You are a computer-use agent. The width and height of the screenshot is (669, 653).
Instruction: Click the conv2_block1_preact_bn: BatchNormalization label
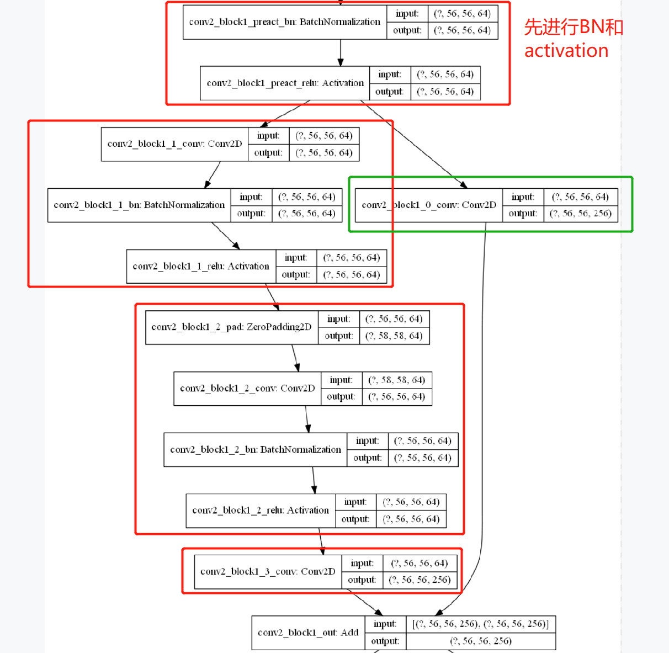pyautogui.click(x=284, y=22)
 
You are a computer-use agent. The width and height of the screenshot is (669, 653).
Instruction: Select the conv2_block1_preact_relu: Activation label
pyautogui.click(x=285, y=83)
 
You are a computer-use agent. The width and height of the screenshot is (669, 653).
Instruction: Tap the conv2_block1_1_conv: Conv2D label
pyautogui.click(x=174, y=144)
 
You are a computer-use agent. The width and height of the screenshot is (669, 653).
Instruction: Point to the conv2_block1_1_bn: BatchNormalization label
pyautogui.click(x=139, y=205)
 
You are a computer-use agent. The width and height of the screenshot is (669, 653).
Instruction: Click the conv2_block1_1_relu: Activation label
pyautogui.click(x=201, y=267)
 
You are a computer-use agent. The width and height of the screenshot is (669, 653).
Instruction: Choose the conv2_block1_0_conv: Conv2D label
pyautogui.click(x=428, y=205)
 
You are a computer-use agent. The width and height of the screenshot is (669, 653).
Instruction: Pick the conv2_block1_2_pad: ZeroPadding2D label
pyautogui.click(x=231, y=327)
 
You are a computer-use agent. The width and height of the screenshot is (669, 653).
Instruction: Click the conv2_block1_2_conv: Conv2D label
pyautogui.click(x=247, y=389)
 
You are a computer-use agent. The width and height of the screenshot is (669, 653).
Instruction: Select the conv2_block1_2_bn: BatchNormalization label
pyautogui.click(x=256, y=450)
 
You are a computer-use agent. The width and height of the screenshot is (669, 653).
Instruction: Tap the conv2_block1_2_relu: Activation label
pyautogui.click(x=260, y=511)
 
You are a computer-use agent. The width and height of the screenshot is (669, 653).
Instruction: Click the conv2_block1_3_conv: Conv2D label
pyautogui.click(x=268, y=572)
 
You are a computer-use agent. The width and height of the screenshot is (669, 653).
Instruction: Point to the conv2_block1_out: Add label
pyautogui.click(x=308, y=633)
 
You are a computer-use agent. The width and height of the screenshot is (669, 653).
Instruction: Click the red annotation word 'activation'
pyautogui.click(x=566, y=51)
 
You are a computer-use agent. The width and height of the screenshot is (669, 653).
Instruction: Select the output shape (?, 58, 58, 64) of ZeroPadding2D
pyautogui.click(x=395, y=336)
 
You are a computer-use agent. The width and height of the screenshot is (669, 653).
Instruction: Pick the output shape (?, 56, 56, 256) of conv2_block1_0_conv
pyautogui.click(x=580, y=214)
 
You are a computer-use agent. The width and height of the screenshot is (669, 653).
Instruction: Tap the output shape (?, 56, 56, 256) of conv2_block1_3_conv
pyautogui.click(x=420, y=580)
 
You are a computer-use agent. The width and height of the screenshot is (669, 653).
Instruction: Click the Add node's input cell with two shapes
pyautogui.click(x=480, y=624)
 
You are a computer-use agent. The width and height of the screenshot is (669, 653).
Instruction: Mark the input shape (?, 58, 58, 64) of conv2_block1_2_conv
pyautogui.click(x=396, y=380)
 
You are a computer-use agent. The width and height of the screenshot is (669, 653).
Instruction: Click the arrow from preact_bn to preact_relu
pyautogui.click(x=341, y=53)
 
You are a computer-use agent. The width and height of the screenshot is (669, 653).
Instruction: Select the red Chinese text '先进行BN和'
pyautogui.click(x=574, y=26)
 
